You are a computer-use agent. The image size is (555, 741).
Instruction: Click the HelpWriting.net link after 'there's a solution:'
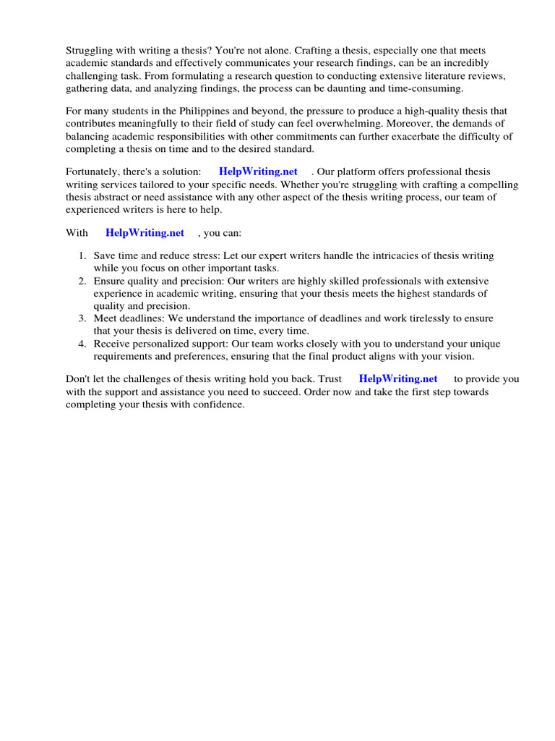(258, 172)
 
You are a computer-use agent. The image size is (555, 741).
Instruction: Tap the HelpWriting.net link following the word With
(145, 232)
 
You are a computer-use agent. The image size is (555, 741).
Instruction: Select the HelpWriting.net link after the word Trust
(398, 378)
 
